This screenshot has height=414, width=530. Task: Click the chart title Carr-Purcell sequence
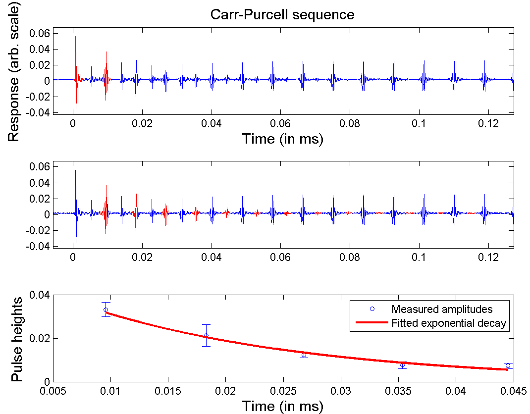tap(282, 14)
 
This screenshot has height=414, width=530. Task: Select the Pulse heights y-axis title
tap(17, 339)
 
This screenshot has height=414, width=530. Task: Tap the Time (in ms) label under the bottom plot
tap(282, 406)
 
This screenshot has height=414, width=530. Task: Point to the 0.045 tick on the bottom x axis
tap(513, 391)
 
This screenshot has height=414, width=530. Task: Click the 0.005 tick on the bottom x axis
tap(53, 391)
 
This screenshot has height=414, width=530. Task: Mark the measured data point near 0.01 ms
tap(106, 310)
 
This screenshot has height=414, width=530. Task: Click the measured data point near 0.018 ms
tap(207, 335)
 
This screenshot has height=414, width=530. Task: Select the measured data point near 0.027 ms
tap(304, 355)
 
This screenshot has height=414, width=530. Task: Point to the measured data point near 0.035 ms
tap(402, 365)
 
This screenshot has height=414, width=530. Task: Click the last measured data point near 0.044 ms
tap(508, 365)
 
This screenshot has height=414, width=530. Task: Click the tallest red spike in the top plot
tap(76, 37)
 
